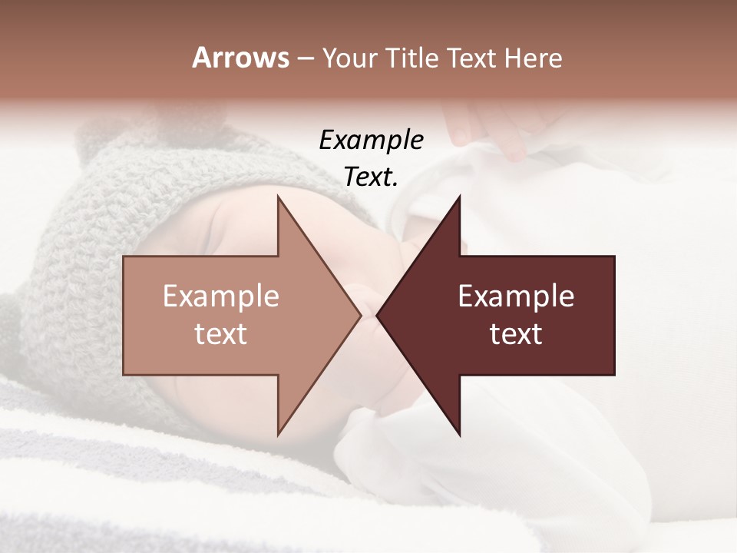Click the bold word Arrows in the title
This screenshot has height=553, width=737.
click(240, 58)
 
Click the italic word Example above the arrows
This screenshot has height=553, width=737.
click(371, 141)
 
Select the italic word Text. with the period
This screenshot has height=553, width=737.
click(371, 177)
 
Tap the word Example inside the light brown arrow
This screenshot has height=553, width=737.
click(221, 296)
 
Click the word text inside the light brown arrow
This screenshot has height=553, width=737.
click(221, 334)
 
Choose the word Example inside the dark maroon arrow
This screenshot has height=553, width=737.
click(516, 296)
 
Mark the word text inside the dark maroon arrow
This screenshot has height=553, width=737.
click(516, 334)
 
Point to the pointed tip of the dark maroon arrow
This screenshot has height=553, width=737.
click(378, 315)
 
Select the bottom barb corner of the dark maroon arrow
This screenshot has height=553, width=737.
click(459, 434)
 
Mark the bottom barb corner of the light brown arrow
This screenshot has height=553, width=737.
click(278, 434)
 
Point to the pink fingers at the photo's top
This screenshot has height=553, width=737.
click(491, 131)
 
